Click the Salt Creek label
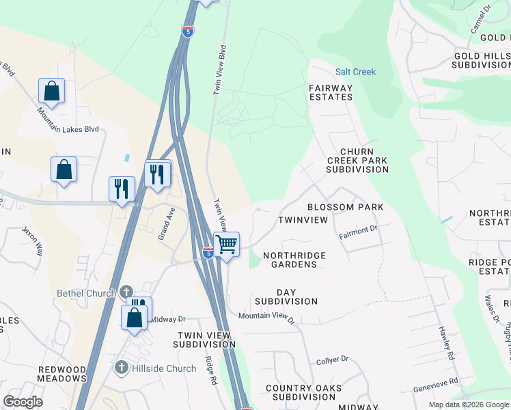[355, 72]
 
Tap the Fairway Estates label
[331, 92]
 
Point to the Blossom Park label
[345, 206]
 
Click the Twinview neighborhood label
[303, 221]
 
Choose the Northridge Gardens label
[294, 260]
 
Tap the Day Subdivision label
[286, 297]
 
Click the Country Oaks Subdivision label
[301, 392]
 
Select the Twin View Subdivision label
[206, 340]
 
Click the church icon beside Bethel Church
[126, 292]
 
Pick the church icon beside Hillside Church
[122, 368]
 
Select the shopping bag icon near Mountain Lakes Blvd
[51, 90]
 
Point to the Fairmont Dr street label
[359, 232]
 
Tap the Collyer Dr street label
[333, 359]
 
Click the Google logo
[23, 402]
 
